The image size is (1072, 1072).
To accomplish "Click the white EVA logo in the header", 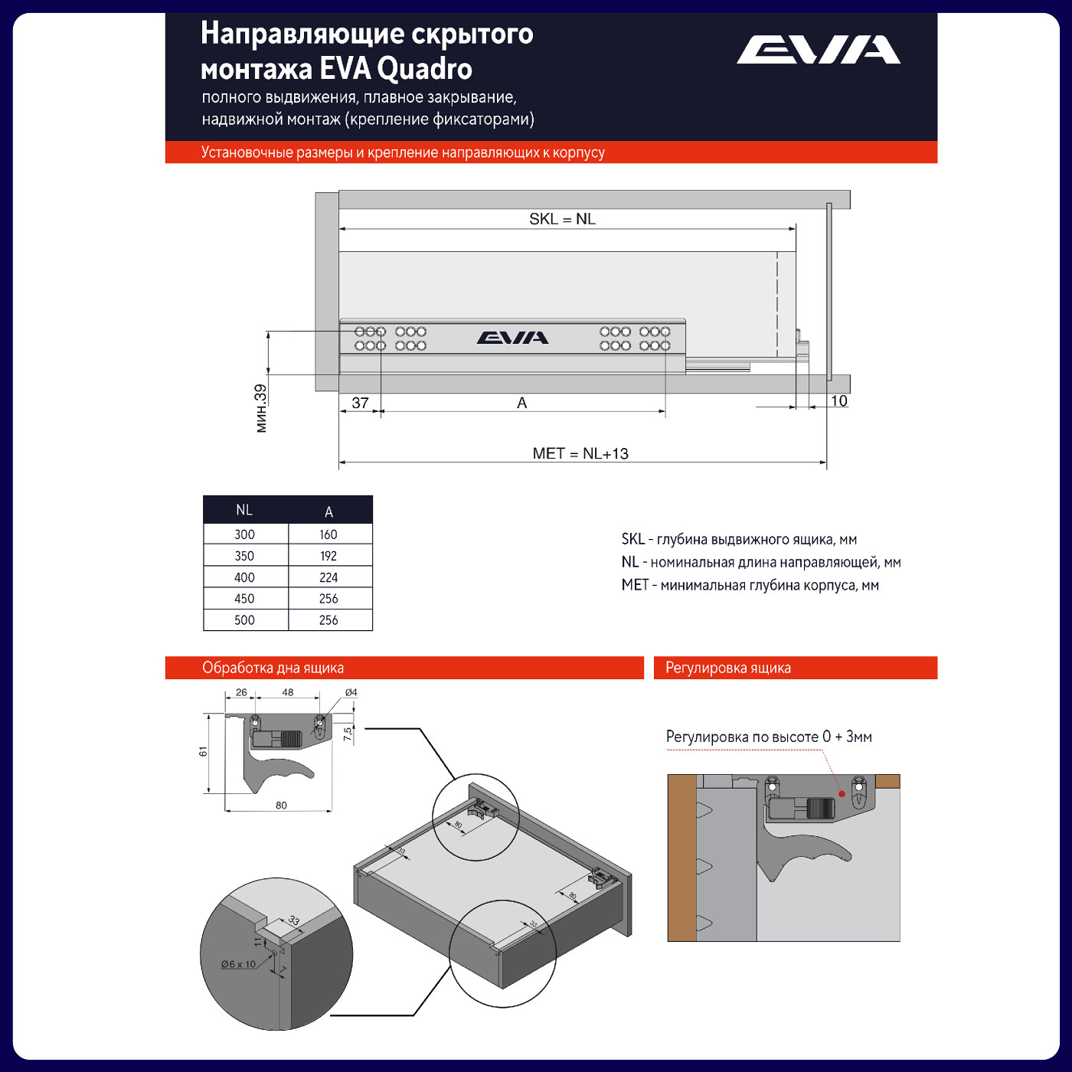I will [818, 50].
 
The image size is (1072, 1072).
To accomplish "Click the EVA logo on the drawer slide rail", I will [512, 338].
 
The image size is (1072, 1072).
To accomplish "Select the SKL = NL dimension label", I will [562, 219].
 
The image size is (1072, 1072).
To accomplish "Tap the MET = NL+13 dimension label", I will [580, 453].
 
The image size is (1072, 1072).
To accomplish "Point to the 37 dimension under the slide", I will [360, 403].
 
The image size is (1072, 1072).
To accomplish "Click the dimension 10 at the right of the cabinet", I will [838, 400].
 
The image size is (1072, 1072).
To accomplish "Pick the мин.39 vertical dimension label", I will [261, 408].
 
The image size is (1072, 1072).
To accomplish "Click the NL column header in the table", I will [244, 510].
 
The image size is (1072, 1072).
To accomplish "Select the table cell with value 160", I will [328, 534].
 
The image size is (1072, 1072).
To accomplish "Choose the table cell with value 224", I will [328, 577].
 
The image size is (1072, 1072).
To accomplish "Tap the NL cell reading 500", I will [244, 620].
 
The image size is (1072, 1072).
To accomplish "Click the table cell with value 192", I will [328, 556].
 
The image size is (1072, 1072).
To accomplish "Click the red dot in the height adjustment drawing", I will [842, 793].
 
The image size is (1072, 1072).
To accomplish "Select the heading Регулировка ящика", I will [727, 668].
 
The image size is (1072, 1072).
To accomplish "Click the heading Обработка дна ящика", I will [273, 668].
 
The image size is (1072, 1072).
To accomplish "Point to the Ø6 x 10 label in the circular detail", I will [238, 964].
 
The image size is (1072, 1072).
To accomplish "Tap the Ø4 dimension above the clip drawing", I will [351, 692].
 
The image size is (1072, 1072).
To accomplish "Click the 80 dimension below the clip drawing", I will [281, 806].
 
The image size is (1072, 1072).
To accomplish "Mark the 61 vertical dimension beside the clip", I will [204, 752].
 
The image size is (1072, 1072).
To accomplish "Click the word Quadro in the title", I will [425, 69].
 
